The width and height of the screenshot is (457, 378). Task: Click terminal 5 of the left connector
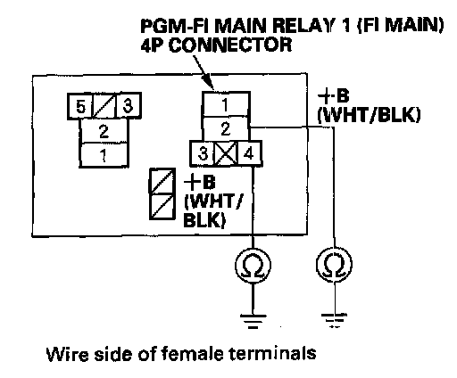point(80,106)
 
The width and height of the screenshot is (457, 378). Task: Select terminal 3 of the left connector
point(128,106)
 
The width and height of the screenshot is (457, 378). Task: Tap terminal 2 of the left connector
point(104,131)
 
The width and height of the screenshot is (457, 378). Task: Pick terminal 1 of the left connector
point(104,155)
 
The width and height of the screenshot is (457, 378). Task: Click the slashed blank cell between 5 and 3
point(104,106)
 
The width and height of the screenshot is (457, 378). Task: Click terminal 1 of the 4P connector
point(226,104)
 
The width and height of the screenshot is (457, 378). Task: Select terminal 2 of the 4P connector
point(226,128)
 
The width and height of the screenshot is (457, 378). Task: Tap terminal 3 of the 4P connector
point(203,153)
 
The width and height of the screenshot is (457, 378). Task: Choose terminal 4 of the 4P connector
point(249,153)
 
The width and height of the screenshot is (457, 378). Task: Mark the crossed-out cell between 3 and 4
point(227,153)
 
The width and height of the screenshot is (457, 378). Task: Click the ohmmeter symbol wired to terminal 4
point(253,265)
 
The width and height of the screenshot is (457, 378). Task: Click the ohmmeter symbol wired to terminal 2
point(334,264)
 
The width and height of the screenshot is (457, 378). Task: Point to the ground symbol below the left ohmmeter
point(253,321)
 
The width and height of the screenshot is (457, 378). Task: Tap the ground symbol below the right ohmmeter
point(335,320)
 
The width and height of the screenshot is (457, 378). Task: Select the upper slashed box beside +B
point(162,182)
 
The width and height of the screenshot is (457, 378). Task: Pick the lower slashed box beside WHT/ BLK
point(162,207)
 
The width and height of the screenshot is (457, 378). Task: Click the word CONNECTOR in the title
point(231,45)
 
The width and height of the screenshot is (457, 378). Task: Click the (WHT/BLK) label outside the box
point(369,115)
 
